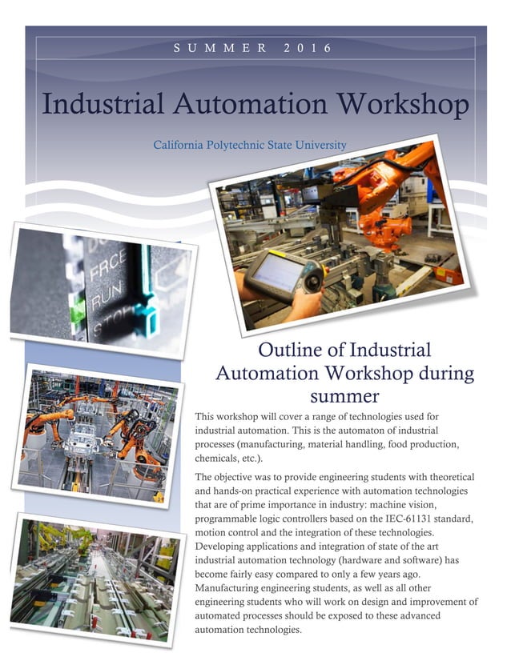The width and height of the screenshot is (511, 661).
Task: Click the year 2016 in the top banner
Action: click(x=308, y=49)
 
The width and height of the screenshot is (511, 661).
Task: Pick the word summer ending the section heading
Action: click(x=344, y=395)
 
